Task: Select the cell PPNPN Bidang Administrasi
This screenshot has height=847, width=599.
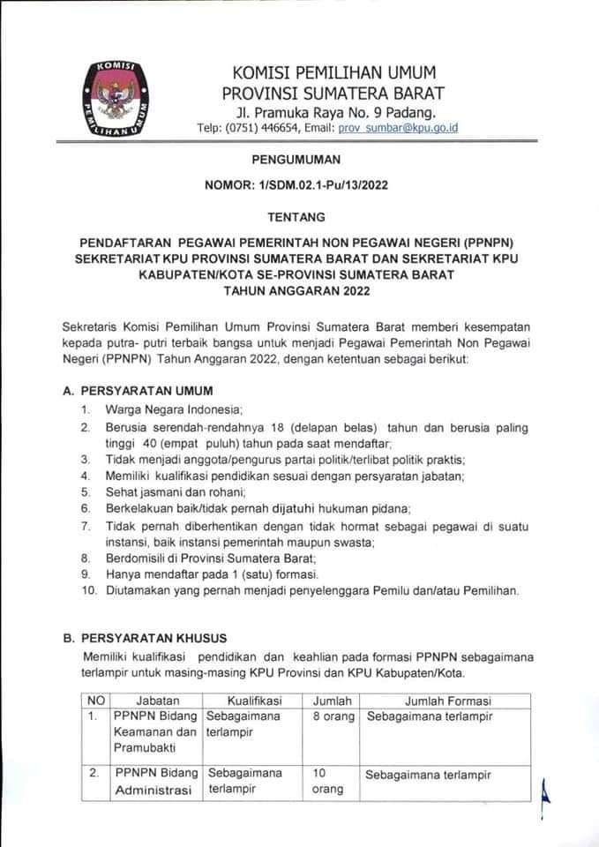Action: pos(154,782)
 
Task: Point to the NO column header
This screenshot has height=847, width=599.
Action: pos(97,701)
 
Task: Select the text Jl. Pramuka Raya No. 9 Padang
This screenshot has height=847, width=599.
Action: pos(334,112)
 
